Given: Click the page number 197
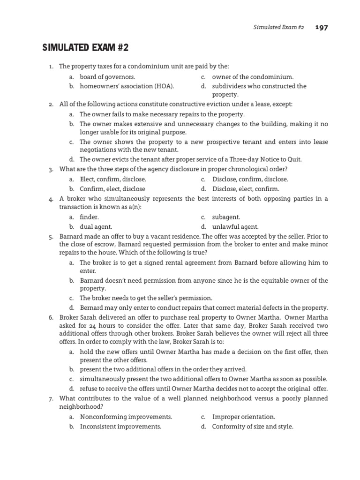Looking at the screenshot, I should (x=322, y=27).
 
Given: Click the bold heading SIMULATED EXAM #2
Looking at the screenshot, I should (x=85, y=48).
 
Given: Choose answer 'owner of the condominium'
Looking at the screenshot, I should (x=253, y=77).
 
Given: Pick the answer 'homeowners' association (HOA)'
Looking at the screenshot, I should (x=127, y=86).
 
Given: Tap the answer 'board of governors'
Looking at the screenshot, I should (x=107, y=77).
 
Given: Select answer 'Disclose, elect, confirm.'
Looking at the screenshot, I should (x=245, y=189).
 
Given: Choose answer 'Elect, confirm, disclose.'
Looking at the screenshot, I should (x=112, y=179).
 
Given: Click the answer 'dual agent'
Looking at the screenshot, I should (x=96, y=226).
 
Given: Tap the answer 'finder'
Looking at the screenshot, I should (x=90, y=217).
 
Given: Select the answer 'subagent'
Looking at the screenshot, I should (x=226, y=217).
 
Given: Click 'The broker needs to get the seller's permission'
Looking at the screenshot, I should (x=146, y=298).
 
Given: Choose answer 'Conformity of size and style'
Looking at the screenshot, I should (x=253, y=427).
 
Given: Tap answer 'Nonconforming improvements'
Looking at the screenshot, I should (x=126, y=417).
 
